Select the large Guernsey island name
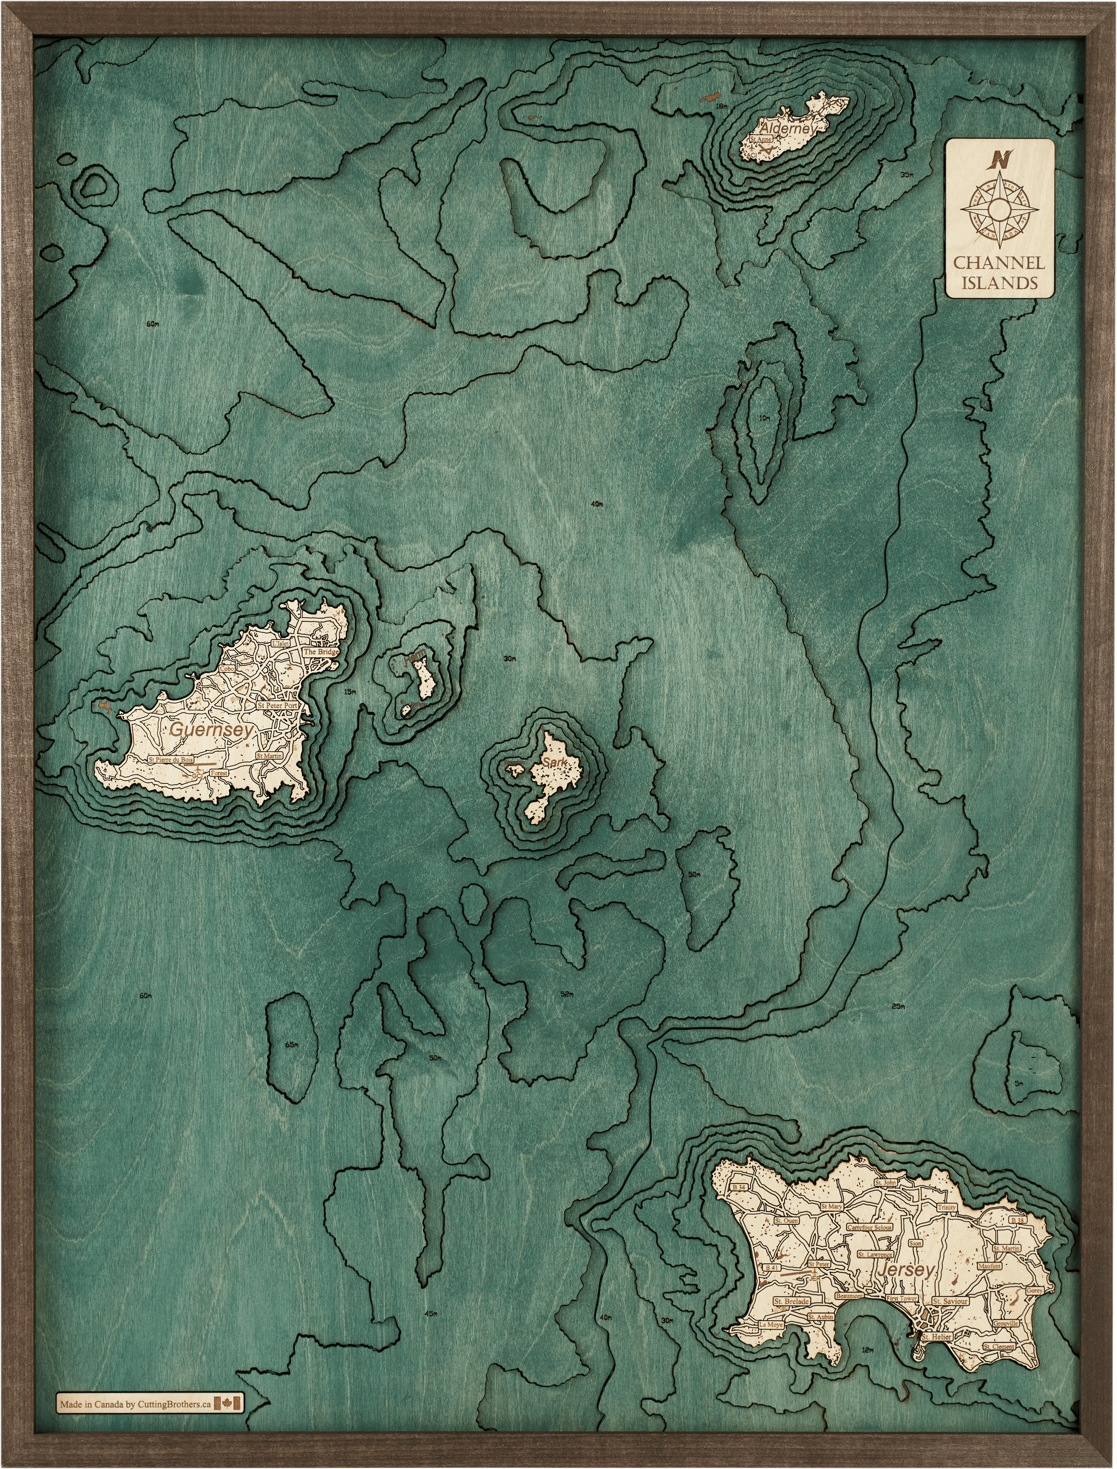[211, 729]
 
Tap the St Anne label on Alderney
[760, 140]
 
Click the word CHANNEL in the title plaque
[999, 262]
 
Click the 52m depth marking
[566, 994]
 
